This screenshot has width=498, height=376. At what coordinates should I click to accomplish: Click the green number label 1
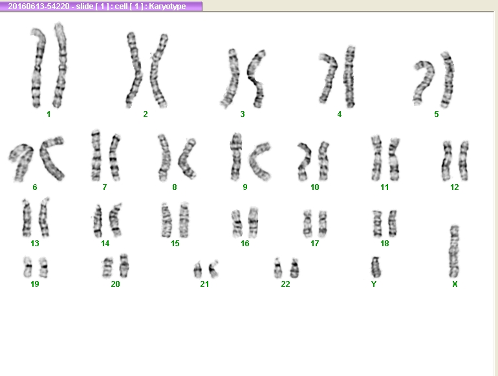[49, 114]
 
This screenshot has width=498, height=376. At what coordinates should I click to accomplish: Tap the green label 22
[285, 284]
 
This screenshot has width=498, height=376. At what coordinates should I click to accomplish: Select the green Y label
[374, 284]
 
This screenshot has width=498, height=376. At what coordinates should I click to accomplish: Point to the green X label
[455, 284]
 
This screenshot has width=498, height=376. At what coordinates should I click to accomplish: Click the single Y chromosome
[376, 267]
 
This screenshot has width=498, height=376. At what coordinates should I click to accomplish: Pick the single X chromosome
[455, 251]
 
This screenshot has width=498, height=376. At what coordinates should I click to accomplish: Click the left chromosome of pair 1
[38, 68]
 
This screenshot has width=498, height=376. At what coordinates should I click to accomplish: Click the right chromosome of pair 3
[257, 79]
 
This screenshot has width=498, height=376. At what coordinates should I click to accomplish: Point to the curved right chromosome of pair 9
[259, 162]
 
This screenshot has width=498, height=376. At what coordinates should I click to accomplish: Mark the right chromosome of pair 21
[213, 269]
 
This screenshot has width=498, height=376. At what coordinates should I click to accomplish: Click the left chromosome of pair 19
[28, 267]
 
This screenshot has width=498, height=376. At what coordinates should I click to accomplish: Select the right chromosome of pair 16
[253, 222]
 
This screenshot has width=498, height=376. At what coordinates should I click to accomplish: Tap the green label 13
[35, 244]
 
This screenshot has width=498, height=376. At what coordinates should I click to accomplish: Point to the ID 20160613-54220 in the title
[38, 6]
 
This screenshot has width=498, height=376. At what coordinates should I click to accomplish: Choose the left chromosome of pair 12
[446, 161]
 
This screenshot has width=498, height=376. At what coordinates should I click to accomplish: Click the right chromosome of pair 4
[349, 77]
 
